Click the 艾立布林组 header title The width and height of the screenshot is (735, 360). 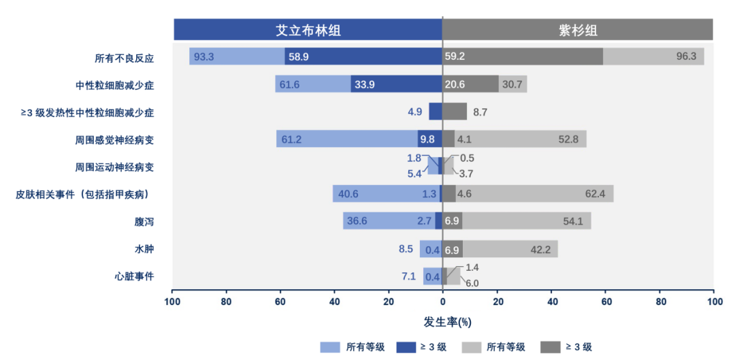[308, 30]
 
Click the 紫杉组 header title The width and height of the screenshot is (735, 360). [578, 30]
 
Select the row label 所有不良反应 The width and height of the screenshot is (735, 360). [125, 58]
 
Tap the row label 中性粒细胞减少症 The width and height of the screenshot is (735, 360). [115, 85]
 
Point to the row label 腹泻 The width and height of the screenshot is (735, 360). [144, 222]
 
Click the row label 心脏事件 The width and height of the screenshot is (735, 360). [135, 276]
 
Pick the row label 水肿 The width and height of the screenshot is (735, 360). [144, 249]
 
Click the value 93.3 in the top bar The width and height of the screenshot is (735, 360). [204, 57]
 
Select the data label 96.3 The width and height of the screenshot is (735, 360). [686, 57]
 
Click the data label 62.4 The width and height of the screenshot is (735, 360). [595, 194]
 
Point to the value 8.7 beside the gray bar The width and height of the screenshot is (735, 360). [480, 112]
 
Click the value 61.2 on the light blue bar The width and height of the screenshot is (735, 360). [291, 140]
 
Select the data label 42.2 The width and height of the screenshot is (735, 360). [540, 249]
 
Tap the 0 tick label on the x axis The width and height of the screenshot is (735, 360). [442, 301]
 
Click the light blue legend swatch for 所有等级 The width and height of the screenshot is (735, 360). [330, 347]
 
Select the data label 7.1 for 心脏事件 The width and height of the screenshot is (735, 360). [408, 276]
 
